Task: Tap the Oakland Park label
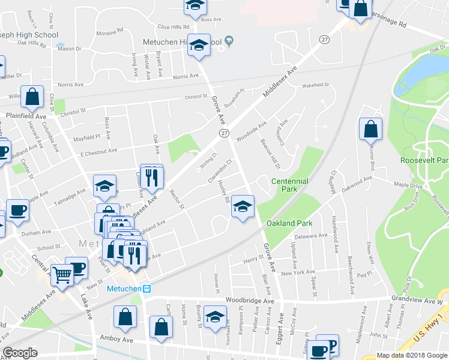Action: pos(289,223)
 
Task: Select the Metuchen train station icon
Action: pos(146,288)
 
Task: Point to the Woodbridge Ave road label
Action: pos(250,300)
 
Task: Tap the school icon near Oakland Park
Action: pos(243,207)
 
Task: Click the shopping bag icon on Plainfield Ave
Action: pos(32,96)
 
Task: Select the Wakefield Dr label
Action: pos(316,85)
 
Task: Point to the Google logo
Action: pos(20,353)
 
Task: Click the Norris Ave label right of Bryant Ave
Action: pos(185,76)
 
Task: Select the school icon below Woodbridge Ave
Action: pos(215,317)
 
